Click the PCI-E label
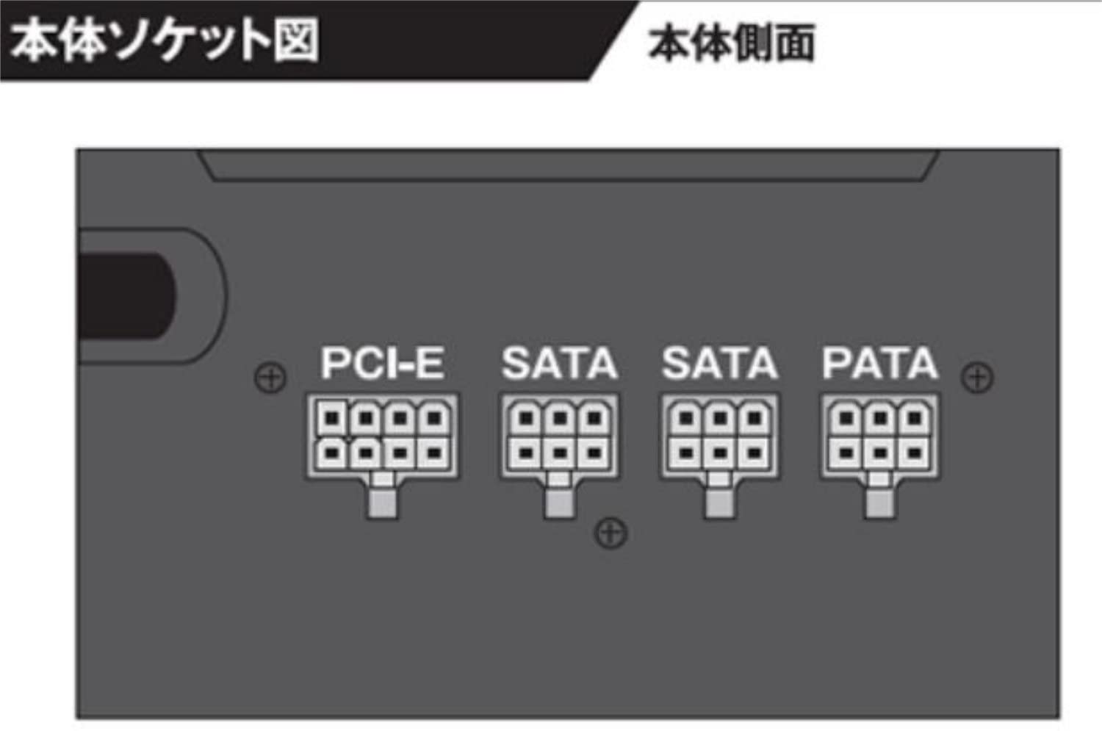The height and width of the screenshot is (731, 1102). (382, 363)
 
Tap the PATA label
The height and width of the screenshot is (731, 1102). (879, 363)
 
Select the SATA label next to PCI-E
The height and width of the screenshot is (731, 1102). (559, 363)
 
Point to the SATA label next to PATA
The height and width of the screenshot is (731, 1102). (719, 363)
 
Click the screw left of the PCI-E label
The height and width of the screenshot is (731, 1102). (270, 378)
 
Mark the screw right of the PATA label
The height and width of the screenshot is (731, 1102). (977, 378)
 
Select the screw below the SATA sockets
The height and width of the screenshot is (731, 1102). (611, 533)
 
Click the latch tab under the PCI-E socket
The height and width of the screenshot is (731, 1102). (383, 497)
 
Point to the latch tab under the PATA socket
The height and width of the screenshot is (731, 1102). (879, 497)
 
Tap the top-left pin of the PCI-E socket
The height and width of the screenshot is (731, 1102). (333, 419)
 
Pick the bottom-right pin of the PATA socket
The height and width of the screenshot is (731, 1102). (914, 452)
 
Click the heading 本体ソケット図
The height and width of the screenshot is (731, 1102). (165, 40)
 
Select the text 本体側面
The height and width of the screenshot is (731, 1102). (732, 43)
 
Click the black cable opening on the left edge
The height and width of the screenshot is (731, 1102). (127, 295)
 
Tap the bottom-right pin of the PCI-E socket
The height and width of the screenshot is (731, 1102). (433, 452)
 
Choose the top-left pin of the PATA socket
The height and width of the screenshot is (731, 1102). (846, 419)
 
